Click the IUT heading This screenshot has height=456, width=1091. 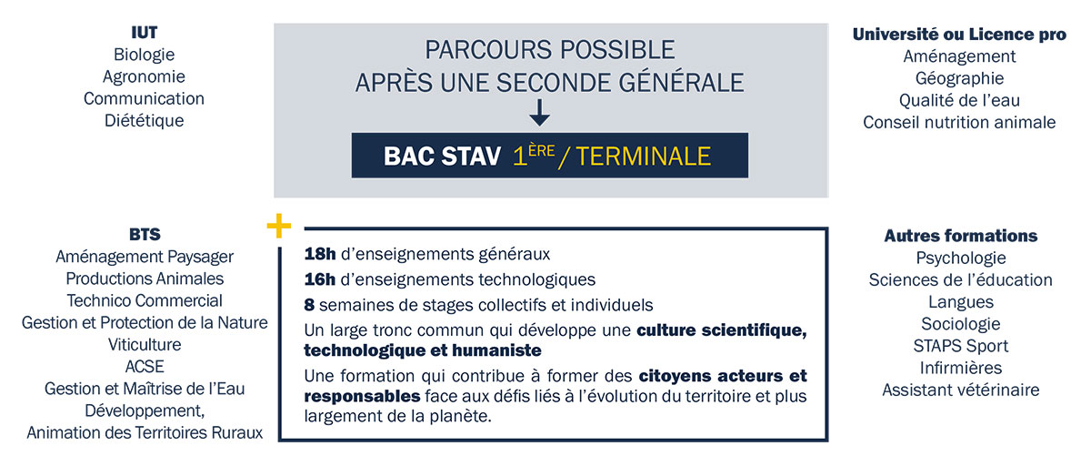point(144,33)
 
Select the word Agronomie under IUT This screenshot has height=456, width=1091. point(144,76)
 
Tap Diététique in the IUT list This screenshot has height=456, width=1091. point(144,120)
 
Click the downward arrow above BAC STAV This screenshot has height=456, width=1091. point(539,113)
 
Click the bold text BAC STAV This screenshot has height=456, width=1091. point(442,156)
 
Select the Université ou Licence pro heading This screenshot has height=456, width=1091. point(959,35)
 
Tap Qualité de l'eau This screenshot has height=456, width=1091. point(959,100)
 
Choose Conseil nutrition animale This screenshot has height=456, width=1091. point(959,122)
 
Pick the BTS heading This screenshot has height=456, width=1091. point(144,235)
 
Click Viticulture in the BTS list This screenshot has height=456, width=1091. point(144,345)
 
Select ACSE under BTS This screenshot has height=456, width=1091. point(144,367)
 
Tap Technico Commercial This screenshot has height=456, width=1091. point(144,300)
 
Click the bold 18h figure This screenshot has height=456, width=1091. point(320,255)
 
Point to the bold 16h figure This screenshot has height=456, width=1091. point(320,279)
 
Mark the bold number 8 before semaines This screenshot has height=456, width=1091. point(310,304)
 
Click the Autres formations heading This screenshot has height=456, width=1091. point(960,236)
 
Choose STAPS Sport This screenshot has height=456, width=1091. point(960,346)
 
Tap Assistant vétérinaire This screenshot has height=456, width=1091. point(960,390)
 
